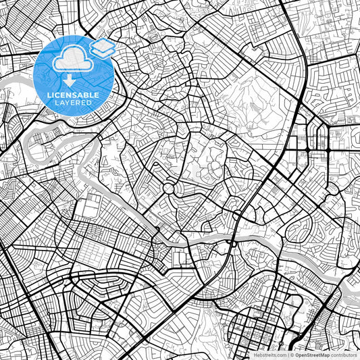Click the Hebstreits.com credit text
(268, 354)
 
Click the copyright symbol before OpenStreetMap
(292, 354)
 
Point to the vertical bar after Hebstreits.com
(287, 354)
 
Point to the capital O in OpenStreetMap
(297, 354)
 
